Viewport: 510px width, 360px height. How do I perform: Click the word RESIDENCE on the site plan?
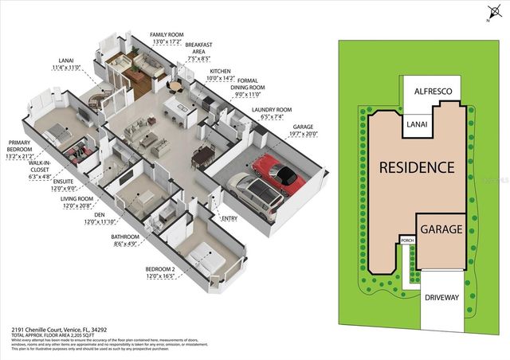tap(417, 168)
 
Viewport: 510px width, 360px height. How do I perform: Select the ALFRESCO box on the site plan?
tap(433, 92)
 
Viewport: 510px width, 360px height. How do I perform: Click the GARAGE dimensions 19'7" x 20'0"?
tap(302, 135)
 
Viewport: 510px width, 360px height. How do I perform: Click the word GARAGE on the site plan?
tap(441, 229)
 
